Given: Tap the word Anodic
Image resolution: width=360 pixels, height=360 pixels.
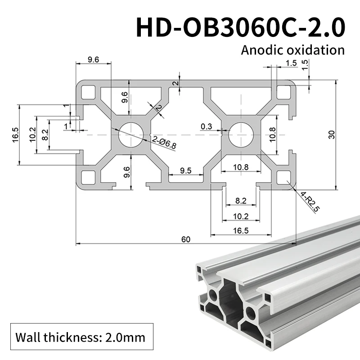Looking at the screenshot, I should click(x=259, y=49).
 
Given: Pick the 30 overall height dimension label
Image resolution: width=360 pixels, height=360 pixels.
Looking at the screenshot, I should click(x=332, y=135).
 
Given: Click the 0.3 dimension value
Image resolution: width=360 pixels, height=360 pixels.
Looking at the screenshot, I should click(x=207, y=126).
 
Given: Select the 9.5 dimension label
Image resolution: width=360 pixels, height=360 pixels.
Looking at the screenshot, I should click(x=185, y=171).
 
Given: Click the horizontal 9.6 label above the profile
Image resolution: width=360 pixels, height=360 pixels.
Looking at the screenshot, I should click(x=93, y=60).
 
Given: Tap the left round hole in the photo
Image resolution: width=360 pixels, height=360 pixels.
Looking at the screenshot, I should click(x=211, y=296).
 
